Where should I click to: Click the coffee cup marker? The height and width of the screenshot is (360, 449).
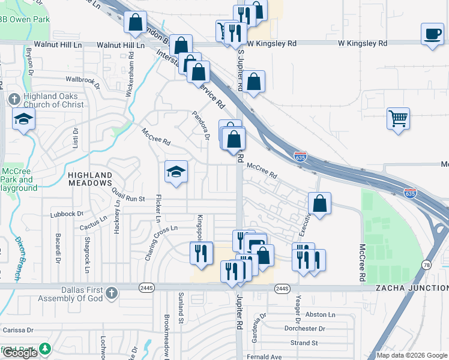(432, 34)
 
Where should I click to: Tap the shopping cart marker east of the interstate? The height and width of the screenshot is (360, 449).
(398, 118)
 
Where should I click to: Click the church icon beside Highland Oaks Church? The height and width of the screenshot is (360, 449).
(15, 99)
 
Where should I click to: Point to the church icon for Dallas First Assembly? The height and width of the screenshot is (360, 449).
(110, 293)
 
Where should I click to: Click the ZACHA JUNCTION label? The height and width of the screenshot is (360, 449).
(412, 288)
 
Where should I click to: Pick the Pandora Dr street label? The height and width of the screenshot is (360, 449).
(200, 125)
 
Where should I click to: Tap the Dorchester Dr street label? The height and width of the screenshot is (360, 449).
(304, 329)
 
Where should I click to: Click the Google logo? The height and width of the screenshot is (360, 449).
(20, 352)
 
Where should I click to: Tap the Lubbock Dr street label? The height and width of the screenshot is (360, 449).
(67, 214)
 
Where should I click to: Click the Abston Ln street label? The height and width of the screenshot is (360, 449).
(320, 314)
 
